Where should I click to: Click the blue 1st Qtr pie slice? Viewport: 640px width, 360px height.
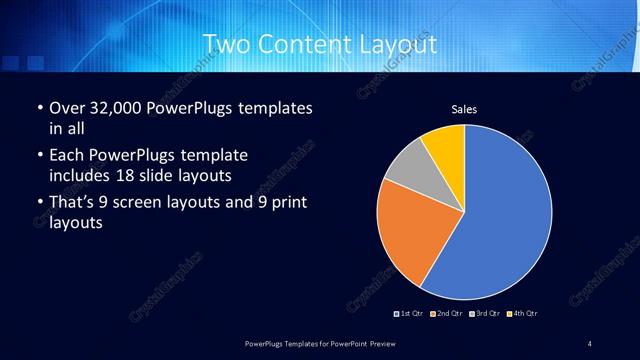coord(500,210)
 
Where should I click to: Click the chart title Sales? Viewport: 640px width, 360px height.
coord(464,108)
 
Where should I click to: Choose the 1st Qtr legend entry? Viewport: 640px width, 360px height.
coord(410,314)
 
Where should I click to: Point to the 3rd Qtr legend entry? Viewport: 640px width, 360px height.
coord(484,314)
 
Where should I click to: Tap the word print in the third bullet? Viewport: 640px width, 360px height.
coord(283,205)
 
